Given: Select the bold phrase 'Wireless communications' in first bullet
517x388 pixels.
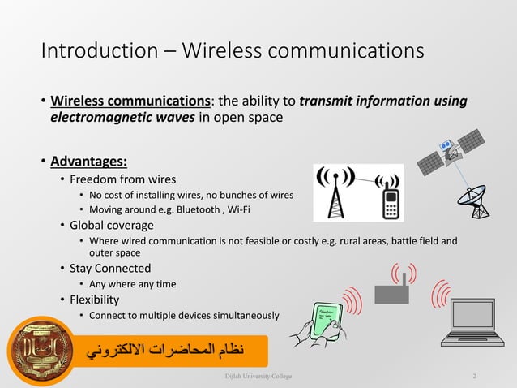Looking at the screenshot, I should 130,101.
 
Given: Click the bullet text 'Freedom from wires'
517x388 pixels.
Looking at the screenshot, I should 122,179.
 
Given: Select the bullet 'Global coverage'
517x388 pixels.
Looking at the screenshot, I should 112,225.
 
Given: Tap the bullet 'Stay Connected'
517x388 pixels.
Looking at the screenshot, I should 110,269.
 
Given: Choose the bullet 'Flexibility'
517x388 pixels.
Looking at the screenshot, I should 94,300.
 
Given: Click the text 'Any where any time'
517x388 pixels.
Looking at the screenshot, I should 132,284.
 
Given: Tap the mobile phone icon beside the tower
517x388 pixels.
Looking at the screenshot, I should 391,199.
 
